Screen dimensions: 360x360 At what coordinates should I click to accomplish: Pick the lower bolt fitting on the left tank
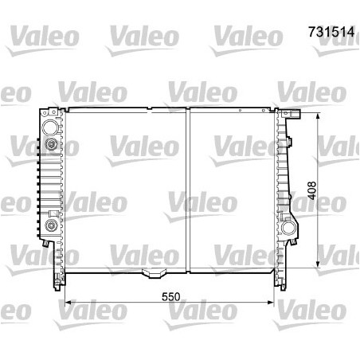(52, 227)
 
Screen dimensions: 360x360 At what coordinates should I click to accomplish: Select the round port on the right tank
(288, 230)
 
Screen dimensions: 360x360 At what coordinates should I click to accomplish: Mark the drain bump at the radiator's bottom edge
(150, 276)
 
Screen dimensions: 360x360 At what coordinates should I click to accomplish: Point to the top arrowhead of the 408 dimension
(318, 116)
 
